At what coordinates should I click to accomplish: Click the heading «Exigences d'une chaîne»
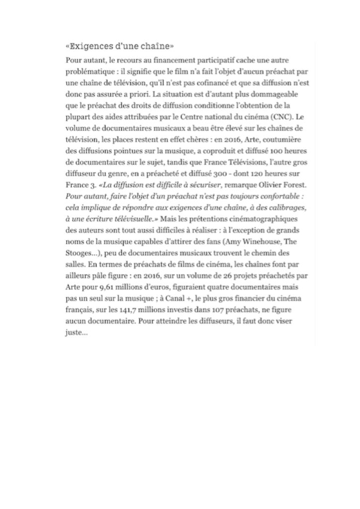pyautogui.click(x=119, y=48)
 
